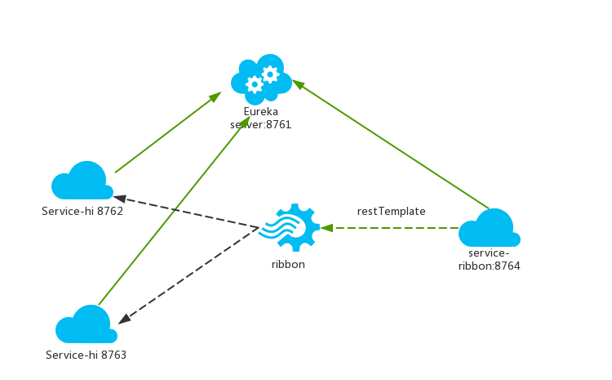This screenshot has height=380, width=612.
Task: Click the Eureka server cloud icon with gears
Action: coord(261,79)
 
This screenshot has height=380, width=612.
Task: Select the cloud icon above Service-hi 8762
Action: coord(82,181)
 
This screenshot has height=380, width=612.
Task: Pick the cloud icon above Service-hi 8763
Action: coord(86,324)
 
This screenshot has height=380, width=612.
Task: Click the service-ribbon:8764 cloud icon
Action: coord(490,227)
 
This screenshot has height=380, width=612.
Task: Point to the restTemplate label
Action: coord(391,212)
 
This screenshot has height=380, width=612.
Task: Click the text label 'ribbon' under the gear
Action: coord(288,264)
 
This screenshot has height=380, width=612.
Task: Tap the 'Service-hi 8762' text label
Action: coord(82,211)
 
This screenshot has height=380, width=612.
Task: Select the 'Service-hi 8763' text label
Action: coord(86,355)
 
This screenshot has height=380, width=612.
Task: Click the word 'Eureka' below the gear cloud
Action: coord(261,111)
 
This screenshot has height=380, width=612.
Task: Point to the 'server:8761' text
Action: coord(261,125)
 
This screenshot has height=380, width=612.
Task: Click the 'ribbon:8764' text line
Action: coord(490,266)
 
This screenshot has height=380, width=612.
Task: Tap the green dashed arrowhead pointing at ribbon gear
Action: coord(326,227)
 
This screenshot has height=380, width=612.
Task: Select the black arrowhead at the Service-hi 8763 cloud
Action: coord(124,319)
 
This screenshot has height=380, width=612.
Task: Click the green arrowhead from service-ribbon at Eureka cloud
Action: coord(298,84)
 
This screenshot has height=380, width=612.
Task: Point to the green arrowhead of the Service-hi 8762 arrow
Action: coord(215,96)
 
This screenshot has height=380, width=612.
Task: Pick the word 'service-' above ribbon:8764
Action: coord(489,253)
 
